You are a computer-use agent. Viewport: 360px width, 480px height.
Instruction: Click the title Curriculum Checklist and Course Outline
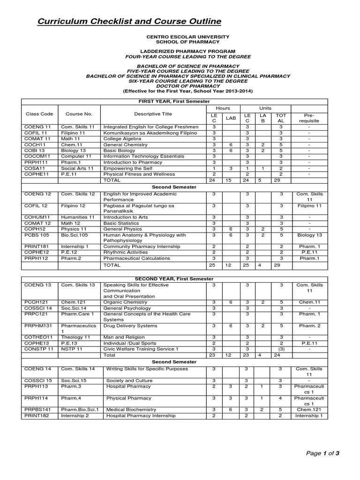coord(123,22)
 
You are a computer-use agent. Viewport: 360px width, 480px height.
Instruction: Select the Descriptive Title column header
coord(153,114)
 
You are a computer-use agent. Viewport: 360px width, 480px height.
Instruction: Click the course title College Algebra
coord(122,139)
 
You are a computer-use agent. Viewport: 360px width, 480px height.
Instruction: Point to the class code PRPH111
coord(34,162)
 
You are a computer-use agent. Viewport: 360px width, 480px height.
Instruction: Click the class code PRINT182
coord(36,415)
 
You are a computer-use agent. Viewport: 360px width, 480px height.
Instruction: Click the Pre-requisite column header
coord(309,117)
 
